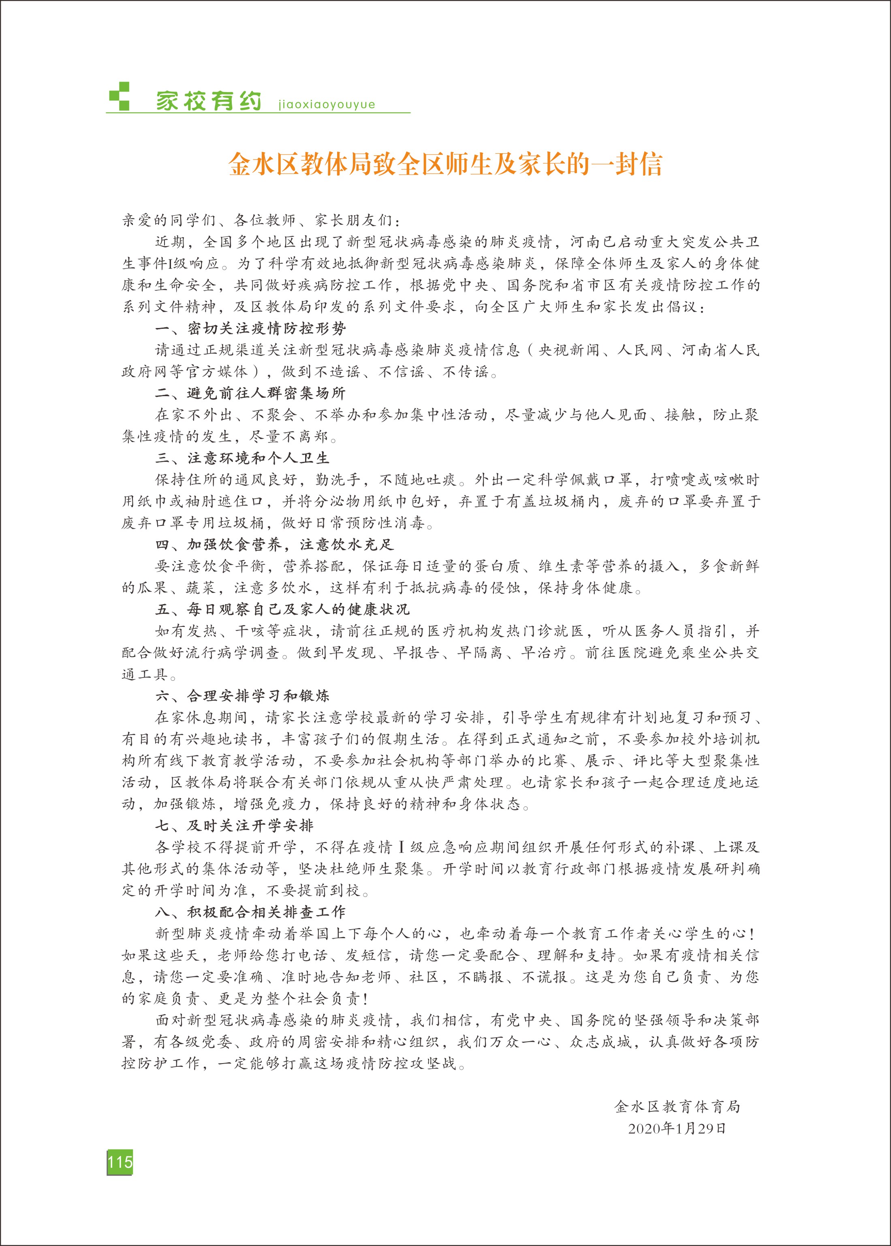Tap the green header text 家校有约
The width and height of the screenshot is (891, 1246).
[209, 101]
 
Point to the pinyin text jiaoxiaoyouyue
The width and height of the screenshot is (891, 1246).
[327, 104]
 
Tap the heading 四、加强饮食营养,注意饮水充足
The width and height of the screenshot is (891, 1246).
[274, 545]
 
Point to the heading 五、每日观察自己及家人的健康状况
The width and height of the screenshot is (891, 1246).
[282, 609]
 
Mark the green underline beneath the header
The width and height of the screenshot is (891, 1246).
[258, 113]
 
